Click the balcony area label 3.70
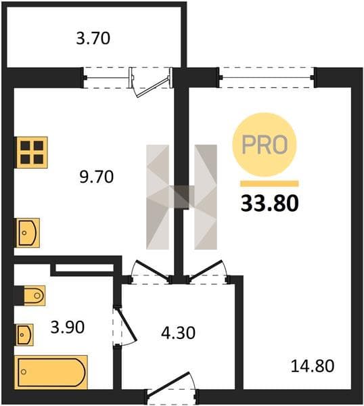coord(93,39)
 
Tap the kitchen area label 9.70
coord(97,177)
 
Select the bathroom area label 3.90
coord(68,327)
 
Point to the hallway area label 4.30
coord(178,333)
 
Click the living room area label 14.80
coord(313,366)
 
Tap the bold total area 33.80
coord(270,203)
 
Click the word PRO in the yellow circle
coord(265,145)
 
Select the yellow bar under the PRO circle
coord(269,183)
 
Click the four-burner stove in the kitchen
coord(32,152)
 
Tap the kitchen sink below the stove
coord(28,233)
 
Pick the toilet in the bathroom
coord(35,296)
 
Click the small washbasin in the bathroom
coord(25,335)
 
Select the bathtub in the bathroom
coord(51,372)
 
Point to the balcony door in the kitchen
coord(151,83)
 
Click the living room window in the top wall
coord(267,77)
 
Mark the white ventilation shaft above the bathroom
coord(85,268)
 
